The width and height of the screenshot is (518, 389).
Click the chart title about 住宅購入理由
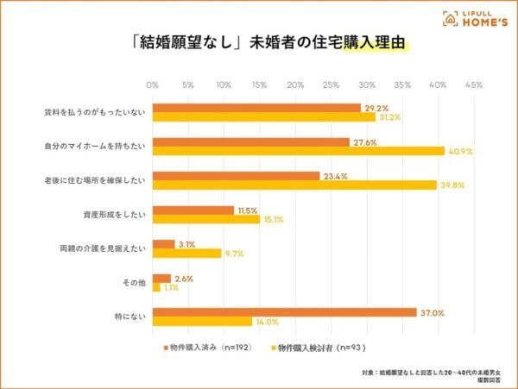point(259,46)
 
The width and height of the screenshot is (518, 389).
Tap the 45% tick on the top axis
point(473,85)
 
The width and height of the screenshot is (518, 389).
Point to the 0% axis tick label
point(153,85)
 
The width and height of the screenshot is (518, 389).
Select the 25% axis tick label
point(331,85)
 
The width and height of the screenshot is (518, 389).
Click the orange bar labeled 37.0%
point(284,312)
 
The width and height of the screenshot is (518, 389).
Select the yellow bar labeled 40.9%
point(298,151)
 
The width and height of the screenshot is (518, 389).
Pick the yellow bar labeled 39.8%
point(294,185)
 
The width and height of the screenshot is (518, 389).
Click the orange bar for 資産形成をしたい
point(193,210)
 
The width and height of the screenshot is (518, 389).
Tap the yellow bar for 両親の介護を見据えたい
point(186,254)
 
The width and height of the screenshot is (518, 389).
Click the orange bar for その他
point(161,279)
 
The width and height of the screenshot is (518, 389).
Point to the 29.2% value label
point(375,108)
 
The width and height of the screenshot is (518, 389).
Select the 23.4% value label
point(334,175)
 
